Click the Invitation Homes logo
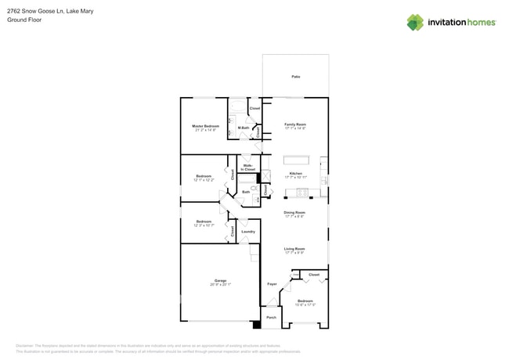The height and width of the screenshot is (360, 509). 451,23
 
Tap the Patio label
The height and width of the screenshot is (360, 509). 295,77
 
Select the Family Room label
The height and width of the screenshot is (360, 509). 295,124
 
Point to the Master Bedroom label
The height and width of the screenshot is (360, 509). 205,126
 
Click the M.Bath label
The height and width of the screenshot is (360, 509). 244,128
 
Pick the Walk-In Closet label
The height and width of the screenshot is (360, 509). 247,167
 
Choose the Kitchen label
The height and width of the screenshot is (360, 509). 296,174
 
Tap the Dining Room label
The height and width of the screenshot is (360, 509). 294,212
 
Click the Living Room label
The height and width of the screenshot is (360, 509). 294,249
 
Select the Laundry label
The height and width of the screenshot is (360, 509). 247,232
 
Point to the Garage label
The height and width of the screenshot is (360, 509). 220,280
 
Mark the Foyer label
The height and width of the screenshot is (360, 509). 272,284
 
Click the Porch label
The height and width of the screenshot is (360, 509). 271,318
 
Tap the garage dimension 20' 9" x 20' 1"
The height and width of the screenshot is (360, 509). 220,285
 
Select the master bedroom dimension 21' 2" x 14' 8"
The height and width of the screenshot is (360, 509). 205,130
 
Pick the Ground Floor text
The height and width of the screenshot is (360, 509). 24,20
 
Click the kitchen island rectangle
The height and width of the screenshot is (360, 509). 296,160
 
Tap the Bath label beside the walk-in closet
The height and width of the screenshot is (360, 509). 246,192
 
